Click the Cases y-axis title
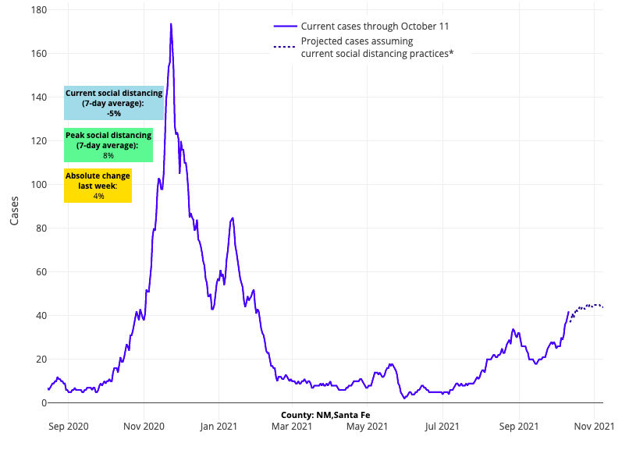tap(15, 209)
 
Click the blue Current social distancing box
tap(114, 103)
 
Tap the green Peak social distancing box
tap(108, 145)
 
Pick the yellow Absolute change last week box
tap(98, 186)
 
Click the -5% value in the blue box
tap(114, 113)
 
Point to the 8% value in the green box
tap(108, 155)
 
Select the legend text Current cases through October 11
tap(375, 27)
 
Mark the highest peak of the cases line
tap(171, 24)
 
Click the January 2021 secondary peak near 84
tap(233, 218)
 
